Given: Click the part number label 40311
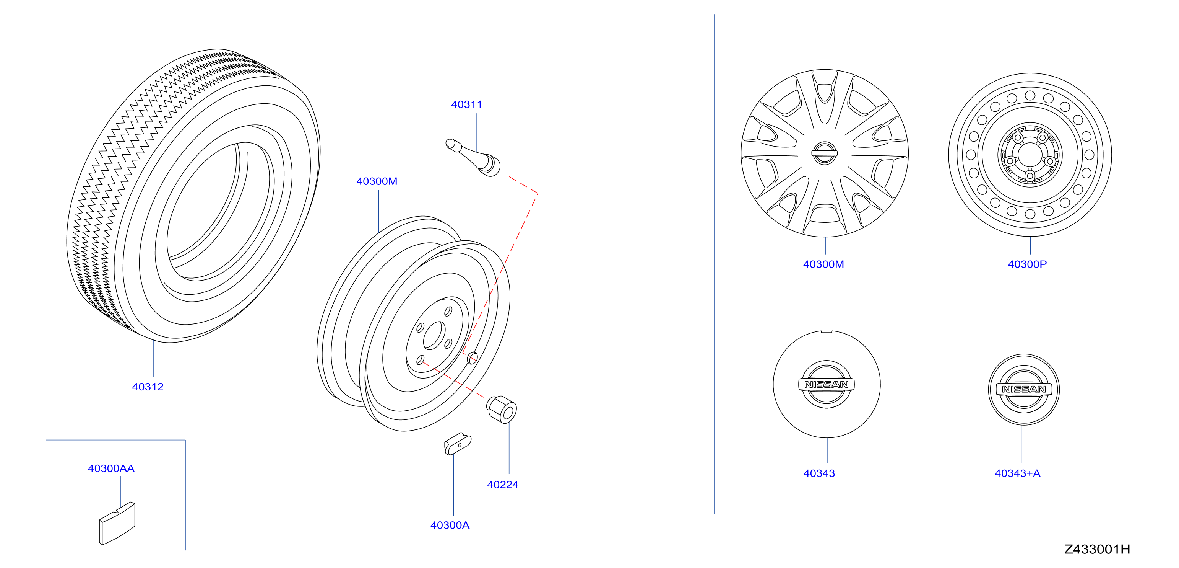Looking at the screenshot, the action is point(466,104).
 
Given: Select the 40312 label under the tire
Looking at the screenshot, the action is point(148,387).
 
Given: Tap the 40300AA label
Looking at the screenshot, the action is point(111,468).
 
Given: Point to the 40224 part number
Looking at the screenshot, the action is point(503,485).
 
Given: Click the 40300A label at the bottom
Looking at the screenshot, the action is point(450,525).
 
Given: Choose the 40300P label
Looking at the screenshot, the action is point(1027,264).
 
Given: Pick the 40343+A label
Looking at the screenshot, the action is point(1017,473).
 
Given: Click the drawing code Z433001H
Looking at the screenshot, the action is point(1097,549).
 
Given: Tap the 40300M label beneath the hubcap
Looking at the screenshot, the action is point(823,264).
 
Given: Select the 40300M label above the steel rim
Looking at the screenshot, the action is point(377,181).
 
